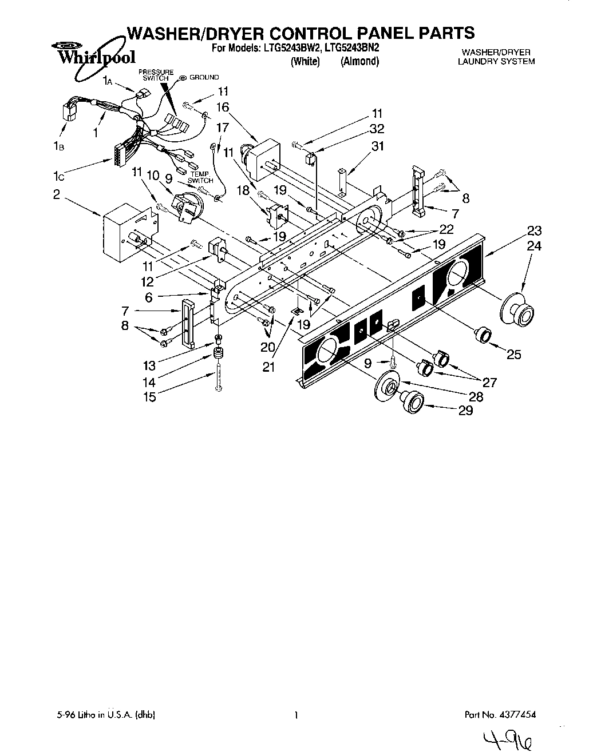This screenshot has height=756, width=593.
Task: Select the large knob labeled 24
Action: [518, 311]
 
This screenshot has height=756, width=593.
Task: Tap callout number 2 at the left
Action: [56, 194]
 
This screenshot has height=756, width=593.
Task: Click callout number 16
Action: [223, 107]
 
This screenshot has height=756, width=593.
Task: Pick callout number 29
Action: [465, 410]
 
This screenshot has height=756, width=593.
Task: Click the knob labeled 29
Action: [411, 401]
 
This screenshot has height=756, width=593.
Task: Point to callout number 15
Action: [149, 396]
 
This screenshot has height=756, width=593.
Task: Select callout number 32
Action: [377, 129]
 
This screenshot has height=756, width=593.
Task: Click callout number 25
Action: [513, 355]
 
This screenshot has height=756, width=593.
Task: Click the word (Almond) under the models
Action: [359, 61]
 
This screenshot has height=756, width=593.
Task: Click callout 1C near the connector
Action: [56, 177]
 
